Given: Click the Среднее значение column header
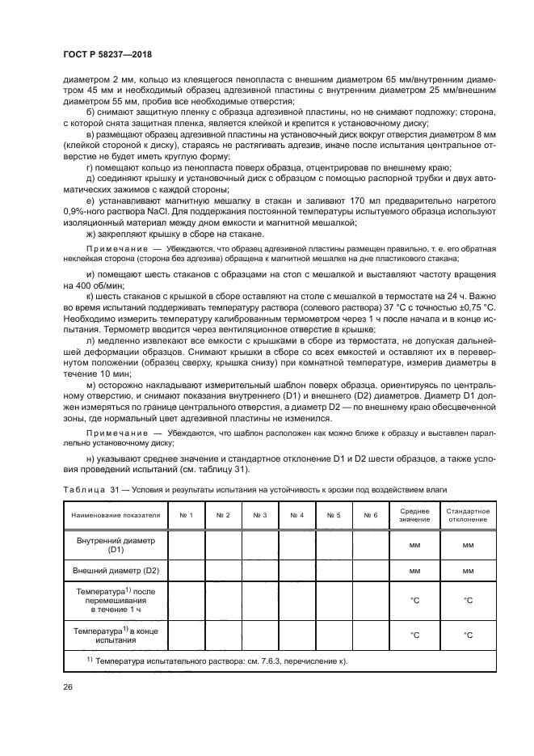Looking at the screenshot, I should pos(414,515).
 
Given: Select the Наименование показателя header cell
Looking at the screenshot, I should pos(116,515).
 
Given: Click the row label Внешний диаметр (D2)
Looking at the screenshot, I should pos(116,571).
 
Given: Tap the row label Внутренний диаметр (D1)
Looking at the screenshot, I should pos(116,544).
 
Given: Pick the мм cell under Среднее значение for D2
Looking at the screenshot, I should pos(414,571).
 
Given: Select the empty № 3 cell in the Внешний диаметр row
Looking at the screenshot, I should pos(259,571).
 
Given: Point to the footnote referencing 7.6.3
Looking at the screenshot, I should pos(217,661).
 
